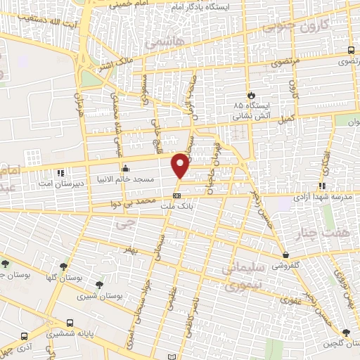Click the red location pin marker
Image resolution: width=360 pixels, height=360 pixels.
[181, 165]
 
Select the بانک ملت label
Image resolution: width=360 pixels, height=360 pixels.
[176, 205]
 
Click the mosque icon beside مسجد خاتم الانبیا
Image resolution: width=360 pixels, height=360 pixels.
[125, 169]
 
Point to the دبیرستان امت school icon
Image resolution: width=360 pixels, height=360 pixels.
[61, 172]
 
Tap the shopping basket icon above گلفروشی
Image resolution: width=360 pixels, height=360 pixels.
[285, 255]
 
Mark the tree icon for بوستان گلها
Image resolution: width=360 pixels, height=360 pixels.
[64, 266]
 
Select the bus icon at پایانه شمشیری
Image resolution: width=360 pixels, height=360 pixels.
[69, 323]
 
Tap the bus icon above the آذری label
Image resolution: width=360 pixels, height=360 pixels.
[25, 337]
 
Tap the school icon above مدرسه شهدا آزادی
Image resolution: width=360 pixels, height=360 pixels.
[322, 186]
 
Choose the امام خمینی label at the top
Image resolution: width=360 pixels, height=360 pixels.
[128, 4]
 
